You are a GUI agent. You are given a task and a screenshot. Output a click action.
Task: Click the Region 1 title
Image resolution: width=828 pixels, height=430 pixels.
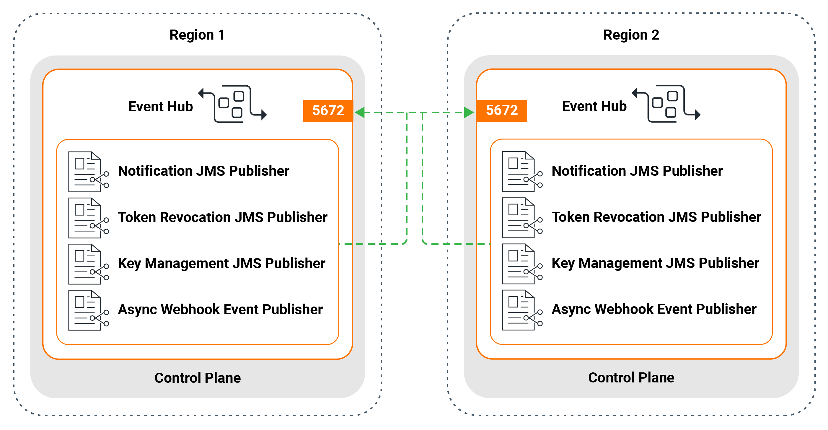[197, 35]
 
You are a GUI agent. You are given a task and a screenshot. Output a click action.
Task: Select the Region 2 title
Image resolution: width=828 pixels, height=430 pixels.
[631, 35]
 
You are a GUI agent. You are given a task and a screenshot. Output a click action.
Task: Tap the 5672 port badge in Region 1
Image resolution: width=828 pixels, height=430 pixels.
[328, 110]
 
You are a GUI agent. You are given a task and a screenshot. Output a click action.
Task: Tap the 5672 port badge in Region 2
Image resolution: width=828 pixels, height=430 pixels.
[501, 110]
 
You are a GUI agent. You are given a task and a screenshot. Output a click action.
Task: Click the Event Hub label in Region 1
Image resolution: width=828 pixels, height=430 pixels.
[160, 106]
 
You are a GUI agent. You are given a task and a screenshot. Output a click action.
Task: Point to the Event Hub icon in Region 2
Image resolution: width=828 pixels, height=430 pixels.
[666, 103]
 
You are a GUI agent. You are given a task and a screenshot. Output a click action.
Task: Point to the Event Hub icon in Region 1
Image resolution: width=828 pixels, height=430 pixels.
[232, 103]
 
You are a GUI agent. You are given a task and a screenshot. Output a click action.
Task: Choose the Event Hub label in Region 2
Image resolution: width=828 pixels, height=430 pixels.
[594, 106]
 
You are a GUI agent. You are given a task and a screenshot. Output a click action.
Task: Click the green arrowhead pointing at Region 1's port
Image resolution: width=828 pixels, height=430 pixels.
[360, 113]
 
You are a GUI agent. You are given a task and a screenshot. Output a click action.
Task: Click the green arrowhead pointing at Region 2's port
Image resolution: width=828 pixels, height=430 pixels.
[469, 113]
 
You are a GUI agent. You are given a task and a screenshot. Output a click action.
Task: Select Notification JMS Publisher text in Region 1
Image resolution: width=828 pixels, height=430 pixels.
[203, 171]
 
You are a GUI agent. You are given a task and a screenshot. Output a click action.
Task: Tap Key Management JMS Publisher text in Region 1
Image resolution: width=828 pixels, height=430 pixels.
[221, 263]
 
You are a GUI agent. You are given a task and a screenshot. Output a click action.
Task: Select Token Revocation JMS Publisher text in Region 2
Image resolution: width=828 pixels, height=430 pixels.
[656, 217]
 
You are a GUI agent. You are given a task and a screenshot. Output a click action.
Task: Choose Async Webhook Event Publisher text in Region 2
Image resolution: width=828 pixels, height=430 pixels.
[654, 309]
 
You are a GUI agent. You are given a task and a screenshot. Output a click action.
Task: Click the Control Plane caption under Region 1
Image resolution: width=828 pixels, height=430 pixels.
[197, 378]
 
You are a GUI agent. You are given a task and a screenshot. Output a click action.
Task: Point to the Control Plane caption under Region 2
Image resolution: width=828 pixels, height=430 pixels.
[631, 378]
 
